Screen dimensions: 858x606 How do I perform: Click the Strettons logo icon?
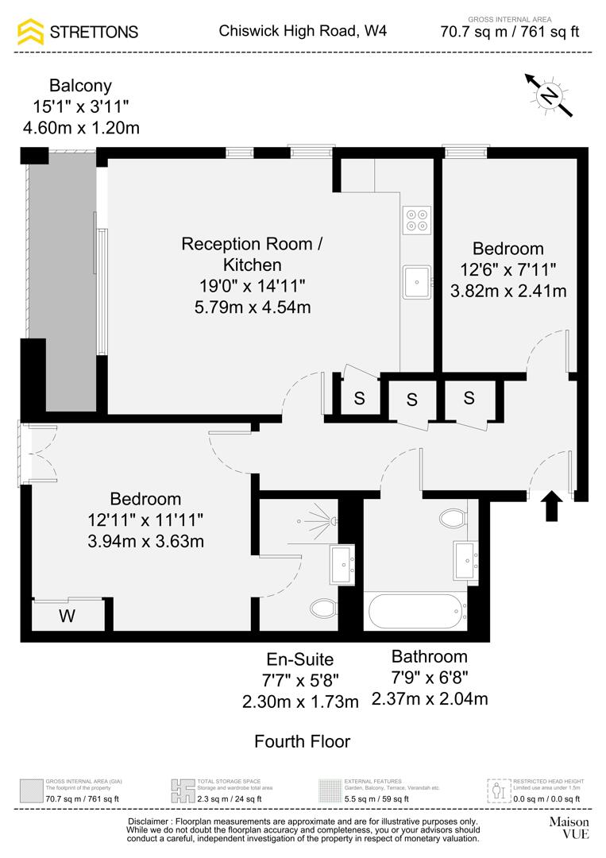tap(31, 32)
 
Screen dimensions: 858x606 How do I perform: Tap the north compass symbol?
tap(548, 95)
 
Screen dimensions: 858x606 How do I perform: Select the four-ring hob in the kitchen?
tap(417, 219)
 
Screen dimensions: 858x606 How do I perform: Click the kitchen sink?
tap(417, 281)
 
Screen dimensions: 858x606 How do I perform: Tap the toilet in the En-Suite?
tap(323, 609)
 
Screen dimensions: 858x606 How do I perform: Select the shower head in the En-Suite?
tap(334, 521)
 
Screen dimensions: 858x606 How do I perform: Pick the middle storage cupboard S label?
tap(411, 400)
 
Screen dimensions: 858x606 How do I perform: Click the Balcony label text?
tap(80, 86)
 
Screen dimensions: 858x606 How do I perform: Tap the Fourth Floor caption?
tap(302, 741)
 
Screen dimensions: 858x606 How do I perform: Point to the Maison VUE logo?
tap(569, 827)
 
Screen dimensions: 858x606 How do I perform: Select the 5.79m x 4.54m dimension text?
tap(252, 306)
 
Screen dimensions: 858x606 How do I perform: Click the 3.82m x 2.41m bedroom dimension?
tap(508, 291)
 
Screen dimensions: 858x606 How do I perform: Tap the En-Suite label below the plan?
tap(299, 659)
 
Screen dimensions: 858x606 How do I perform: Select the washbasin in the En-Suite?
tap(344, 563)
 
